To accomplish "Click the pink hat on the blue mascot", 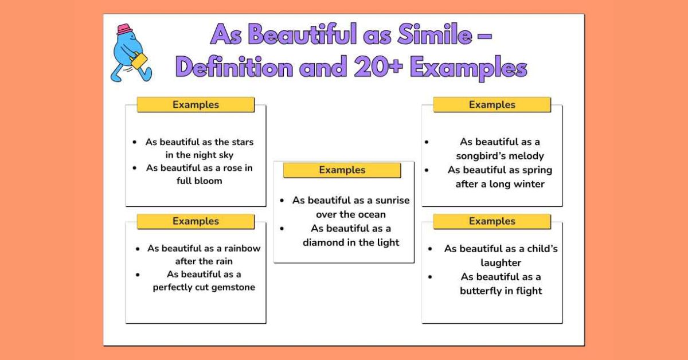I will click(x=124, y=30).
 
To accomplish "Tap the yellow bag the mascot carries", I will click(x=138, y=60).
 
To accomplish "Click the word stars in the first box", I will click(x=242, y=142).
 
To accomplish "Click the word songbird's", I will click(x=481, y=156).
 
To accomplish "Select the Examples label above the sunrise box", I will click(x=342, y=170).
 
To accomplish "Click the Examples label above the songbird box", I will click(x=492, y=105).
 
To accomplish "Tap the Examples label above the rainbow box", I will click(x=196, y=221).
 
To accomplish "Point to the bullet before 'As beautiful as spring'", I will click(x=427, y=170).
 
